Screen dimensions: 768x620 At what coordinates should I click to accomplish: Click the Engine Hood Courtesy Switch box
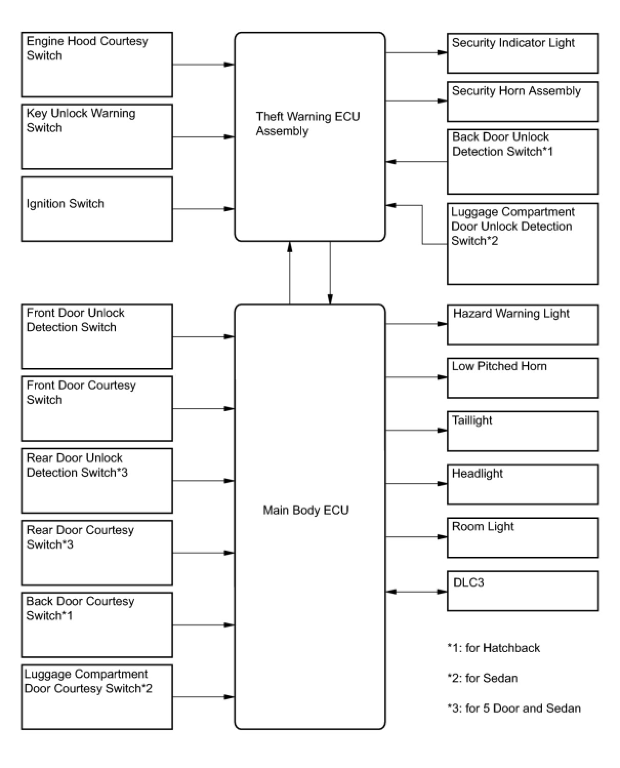click(97, 65)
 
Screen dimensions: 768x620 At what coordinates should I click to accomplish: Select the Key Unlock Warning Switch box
click(97, 137)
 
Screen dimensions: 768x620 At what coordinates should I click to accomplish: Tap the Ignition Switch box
click(97, 209)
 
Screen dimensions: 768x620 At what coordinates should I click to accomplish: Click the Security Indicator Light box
click(522, 53)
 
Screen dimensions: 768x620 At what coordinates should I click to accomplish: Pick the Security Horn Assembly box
click(522, 102)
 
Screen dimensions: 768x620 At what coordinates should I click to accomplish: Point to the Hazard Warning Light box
click(522, 325)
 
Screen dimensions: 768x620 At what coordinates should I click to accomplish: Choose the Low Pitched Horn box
click(522, 378)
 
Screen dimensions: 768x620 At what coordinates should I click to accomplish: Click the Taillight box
click(522, 431)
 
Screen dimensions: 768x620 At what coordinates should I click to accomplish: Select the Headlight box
click(522, 484)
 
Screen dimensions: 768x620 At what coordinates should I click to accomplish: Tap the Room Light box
click(522, 538)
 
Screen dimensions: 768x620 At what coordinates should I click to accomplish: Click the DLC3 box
click(522, 591)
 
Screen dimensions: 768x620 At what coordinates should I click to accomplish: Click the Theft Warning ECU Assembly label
click(307, 124)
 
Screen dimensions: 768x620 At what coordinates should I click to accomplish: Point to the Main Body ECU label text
click(305, 510)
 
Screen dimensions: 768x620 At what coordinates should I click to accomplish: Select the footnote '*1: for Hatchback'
click(493, 648)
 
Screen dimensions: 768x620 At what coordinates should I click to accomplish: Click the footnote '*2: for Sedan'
click(482, 678)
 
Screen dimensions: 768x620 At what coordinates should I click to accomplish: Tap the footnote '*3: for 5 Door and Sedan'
click(514, 709)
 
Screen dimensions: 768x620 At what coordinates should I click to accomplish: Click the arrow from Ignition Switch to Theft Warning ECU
click(203, 209)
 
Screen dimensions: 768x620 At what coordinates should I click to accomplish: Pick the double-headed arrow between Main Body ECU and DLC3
click(416, 592)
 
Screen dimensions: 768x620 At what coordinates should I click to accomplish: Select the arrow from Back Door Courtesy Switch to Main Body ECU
click(203, 625)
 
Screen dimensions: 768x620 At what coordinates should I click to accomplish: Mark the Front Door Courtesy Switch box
click(97, 409)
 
